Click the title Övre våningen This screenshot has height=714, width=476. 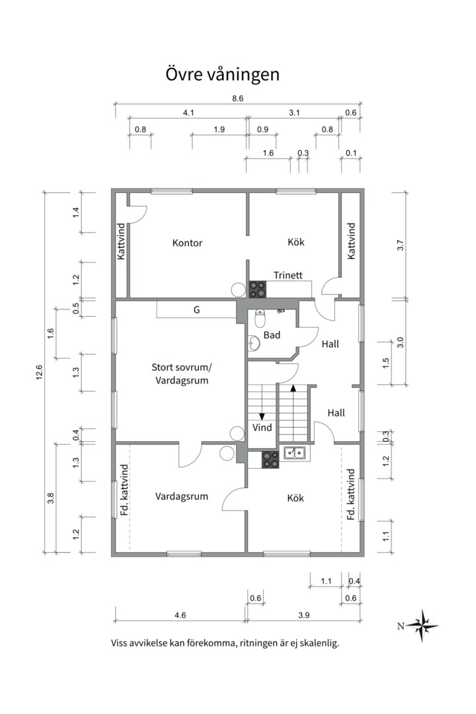click(222, 75)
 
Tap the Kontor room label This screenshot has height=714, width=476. click(187, 243)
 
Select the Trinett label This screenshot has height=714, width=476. click(288, 275)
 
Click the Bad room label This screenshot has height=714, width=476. click(272, 335)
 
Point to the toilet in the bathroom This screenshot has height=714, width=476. click(260, 318)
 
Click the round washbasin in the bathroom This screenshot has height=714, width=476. click(253, 343)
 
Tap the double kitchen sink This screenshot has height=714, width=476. click(295, 453)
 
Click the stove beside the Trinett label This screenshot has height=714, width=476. click(257, 289)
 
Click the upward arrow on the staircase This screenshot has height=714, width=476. click(294, 407)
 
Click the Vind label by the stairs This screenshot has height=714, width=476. click(262, 428)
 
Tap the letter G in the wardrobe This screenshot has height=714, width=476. click(197, 309)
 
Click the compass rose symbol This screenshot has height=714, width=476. click(422, 625)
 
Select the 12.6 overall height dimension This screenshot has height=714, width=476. click(40, 372)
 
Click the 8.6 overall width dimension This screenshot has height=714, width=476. click(238, 99)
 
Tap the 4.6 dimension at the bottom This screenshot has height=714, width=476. click(180, 615)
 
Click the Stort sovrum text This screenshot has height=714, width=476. click(182, 367)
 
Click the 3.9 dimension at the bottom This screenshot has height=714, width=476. click(304, 615)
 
